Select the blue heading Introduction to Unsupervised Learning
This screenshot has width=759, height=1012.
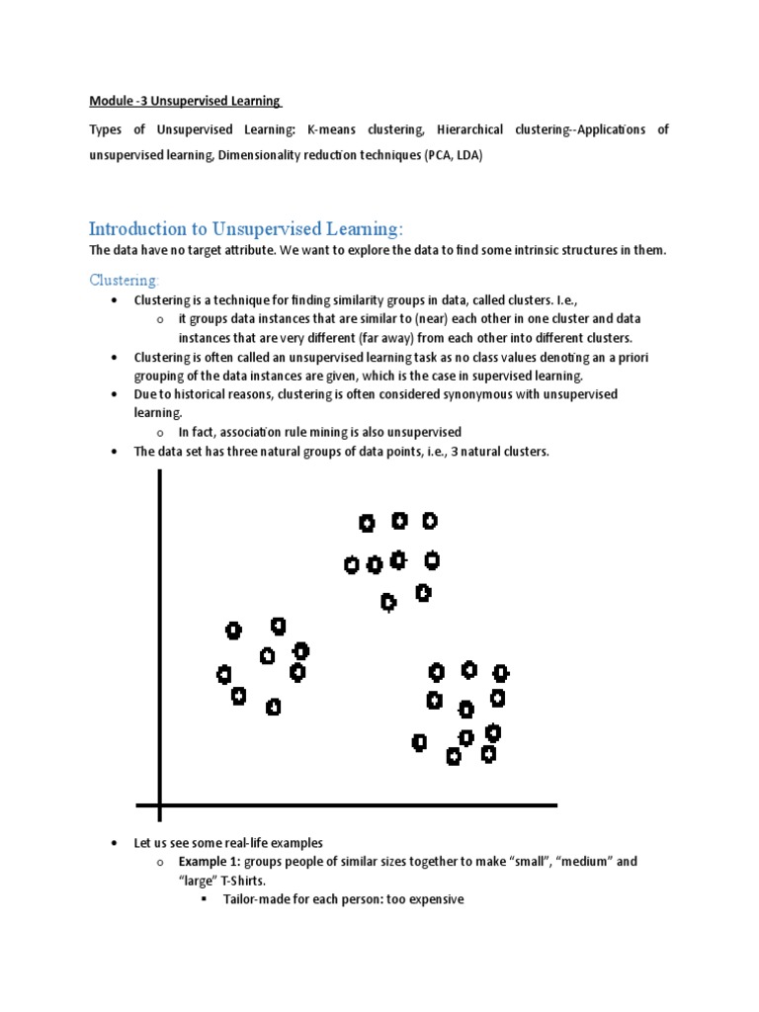246,229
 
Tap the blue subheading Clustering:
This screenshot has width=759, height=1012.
124,281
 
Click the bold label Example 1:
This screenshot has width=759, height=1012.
211,862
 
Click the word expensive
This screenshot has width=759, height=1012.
429,900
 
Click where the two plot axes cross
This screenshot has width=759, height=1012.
158,806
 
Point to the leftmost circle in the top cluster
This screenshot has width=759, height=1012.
351,565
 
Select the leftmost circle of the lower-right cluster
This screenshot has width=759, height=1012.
419,742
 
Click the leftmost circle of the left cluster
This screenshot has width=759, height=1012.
223,675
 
